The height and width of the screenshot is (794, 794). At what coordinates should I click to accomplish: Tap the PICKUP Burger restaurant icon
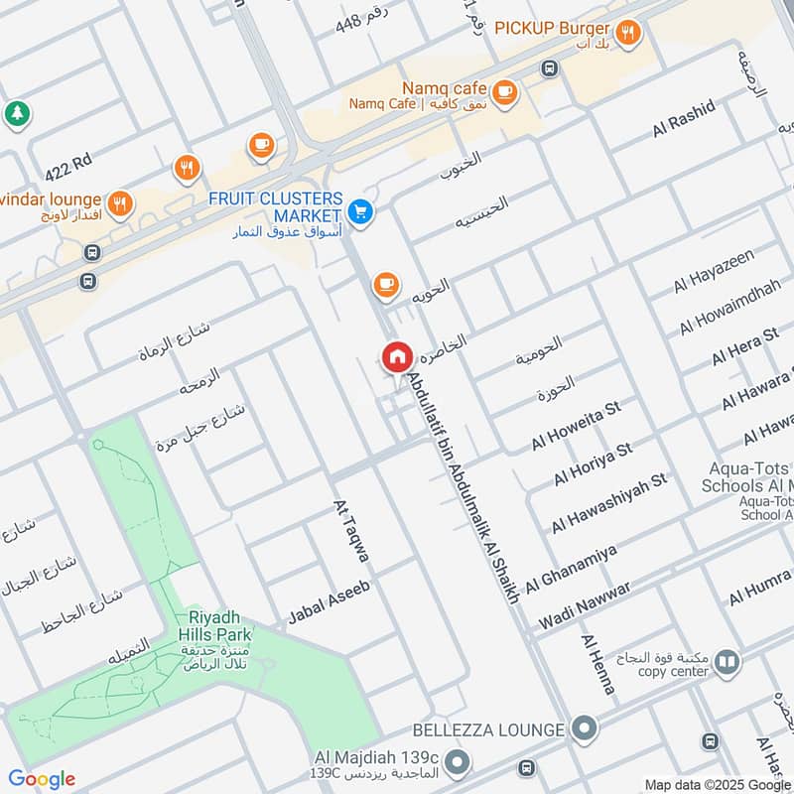click(626, 33)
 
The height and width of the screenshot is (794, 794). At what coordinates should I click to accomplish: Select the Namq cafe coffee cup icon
click(504, 91)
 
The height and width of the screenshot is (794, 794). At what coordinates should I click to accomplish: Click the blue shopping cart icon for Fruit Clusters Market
click(360, 211)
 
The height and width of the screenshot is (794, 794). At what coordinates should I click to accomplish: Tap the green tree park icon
click(16, 113)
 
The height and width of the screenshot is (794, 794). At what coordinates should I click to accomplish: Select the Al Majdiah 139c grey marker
click(457, 763)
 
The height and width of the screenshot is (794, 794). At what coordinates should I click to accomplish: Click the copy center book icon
click(727, 661)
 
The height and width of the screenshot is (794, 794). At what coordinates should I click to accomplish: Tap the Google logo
click(42, 779)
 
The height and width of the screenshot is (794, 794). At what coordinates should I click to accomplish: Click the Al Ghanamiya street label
click(571, 569)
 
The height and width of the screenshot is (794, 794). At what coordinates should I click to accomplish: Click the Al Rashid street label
click(683, 119)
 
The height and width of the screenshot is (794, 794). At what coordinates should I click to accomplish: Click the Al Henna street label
click(598, 664)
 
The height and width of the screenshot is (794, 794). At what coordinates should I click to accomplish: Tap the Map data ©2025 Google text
click(718, 783)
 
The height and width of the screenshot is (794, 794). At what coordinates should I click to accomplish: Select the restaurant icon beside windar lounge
click(120, 203)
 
